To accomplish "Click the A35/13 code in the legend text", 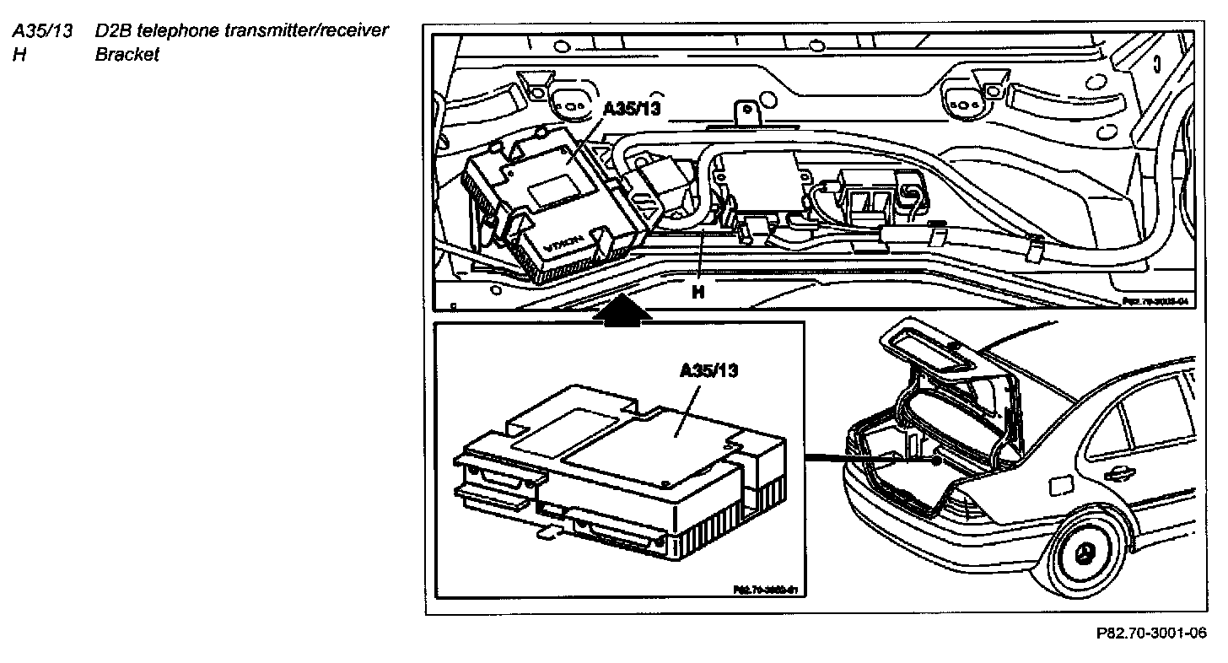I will click(40, 32).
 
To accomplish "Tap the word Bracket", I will click(127, 57).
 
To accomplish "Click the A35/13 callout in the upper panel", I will click(632, 110).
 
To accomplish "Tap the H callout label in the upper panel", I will click(698, 293).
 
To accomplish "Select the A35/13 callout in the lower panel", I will click(709, 371).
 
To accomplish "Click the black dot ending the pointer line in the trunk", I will click(936, 461).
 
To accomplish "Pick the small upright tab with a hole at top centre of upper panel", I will click(745, 112).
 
